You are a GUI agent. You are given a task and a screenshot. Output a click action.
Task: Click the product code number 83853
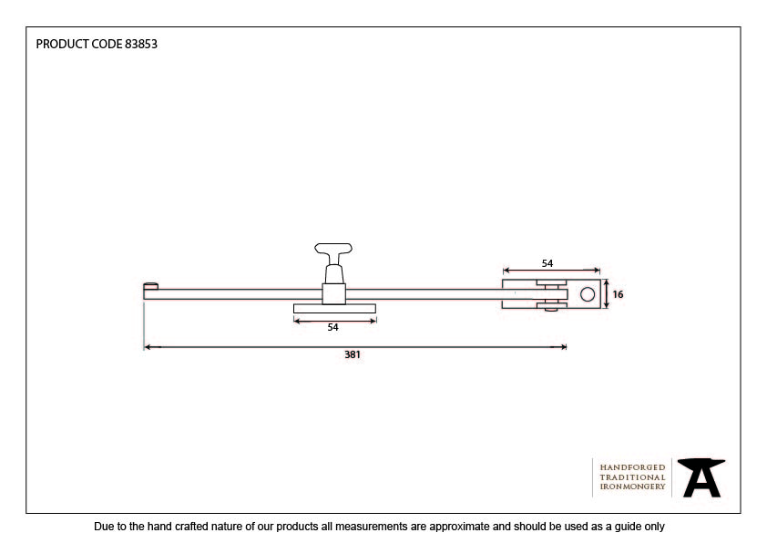click(x=141, y=44)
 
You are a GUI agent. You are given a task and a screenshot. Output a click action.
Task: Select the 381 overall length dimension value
click(x=353, y=354)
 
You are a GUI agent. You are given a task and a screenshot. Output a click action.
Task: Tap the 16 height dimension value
click(x=618, y=294)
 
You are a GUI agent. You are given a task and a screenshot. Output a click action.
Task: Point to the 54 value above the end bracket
click(x=547, y=263)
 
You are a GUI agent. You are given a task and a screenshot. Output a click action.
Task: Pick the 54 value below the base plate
click(x=332, y=327)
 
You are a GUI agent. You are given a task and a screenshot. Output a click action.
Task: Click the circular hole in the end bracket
click(x=588, y=294)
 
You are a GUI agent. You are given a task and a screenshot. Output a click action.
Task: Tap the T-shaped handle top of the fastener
click(x=333, y=249)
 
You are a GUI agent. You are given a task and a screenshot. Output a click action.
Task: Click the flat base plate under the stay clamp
click(x=334, y=308)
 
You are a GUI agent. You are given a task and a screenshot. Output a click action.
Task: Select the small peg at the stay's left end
click(x=150, y=286)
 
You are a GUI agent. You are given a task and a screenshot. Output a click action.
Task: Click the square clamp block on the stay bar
click(x=334, y=294)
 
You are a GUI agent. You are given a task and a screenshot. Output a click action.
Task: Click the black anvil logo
click(x=701, y=477)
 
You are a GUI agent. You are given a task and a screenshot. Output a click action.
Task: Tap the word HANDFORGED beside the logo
click(x=632, y=467)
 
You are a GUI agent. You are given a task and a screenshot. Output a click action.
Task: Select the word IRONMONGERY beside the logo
click(x=632, y=487)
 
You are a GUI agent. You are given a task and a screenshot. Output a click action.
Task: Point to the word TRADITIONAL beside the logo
click(x=632, y=477)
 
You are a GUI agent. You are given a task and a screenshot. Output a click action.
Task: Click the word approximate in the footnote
click(x=459, y=527)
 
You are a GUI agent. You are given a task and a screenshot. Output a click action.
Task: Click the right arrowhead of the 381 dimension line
click(x=563, y=347)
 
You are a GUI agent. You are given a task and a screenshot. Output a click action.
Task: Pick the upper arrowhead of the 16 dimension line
click(x=607, y=283)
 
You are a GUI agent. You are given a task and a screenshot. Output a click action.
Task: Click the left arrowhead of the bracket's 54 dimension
click(x=506, y=270)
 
